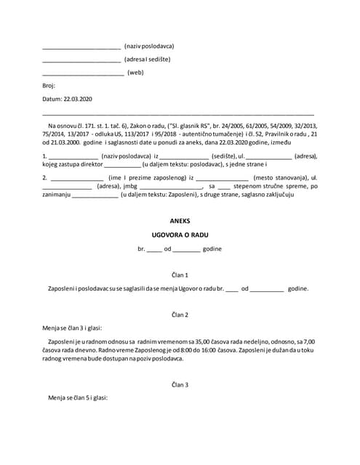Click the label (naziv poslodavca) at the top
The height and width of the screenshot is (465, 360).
(149, 46)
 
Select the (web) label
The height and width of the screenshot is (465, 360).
(136, 73)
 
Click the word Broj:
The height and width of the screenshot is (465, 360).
(49, 85)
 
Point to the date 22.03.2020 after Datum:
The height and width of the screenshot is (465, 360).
(79, 98)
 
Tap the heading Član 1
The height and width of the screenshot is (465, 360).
(179, 275)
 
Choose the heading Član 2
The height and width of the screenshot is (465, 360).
(179, 315)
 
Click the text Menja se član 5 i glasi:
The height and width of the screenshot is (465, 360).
(78, 398)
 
